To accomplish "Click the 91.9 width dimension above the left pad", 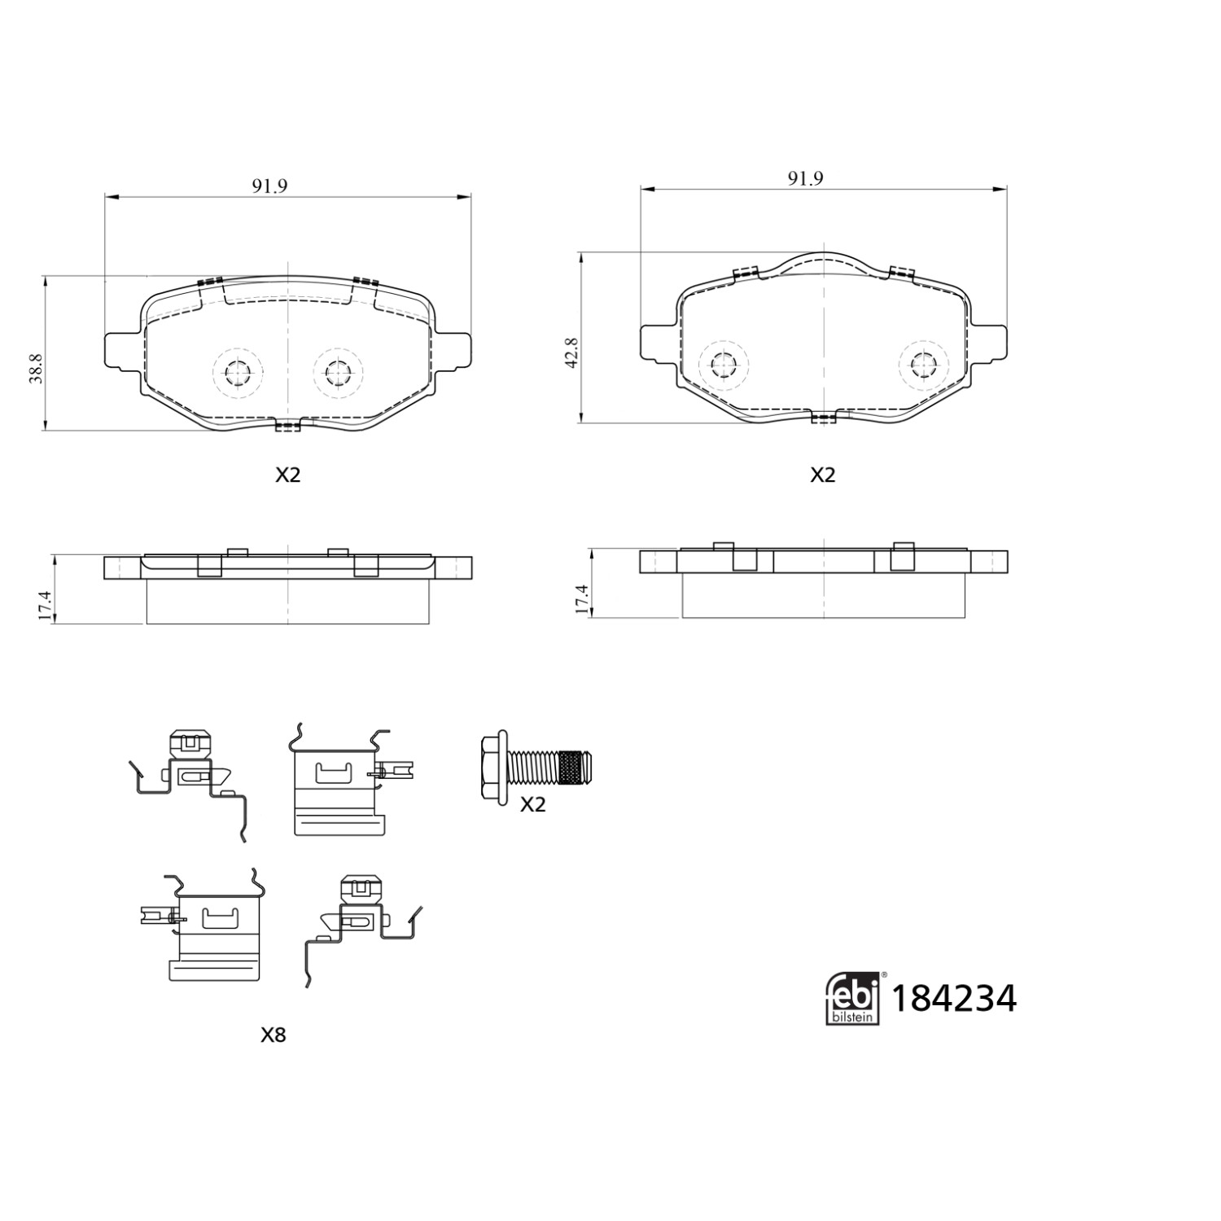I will pos(269,186).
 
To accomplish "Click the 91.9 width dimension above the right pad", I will pos(805,178).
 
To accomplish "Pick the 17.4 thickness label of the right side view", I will pos(580,598).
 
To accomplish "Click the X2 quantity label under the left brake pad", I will pos(287,475).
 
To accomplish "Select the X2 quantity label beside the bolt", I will pos(532,804).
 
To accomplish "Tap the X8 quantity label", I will pos(273,1035).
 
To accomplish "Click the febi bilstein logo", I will pos(853,998).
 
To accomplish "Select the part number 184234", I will pos(954,999).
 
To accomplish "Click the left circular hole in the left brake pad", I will pos(238,374).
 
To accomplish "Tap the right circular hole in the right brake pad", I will pos(923,364).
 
